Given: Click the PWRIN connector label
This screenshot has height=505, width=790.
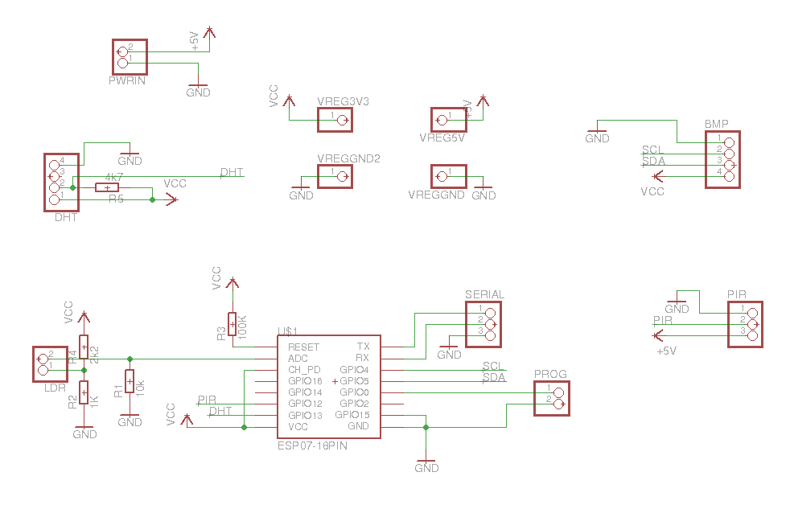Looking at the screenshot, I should (x=127, y=80).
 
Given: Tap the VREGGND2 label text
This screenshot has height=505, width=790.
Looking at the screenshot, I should (x=348, y=158).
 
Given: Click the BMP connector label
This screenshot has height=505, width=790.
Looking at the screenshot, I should (x=716, y=125).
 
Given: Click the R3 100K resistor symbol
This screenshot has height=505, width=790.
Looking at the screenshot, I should (x=232, y=323).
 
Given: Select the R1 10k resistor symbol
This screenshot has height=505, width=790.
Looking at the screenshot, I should (x=130, y=381).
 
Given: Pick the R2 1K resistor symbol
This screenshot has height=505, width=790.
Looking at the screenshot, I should (x=84, y=392).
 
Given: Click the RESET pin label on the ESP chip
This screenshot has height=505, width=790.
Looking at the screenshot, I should (x=303, y=347).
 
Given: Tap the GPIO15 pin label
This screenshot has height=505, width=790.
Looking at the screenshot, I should (x=352, y=415).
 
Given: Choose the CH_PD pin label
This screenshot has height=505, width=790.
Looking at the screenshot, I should (x=304, y=369).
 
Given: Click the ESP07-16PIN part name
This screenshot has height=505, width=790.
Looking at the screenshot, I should (x=311, y=445).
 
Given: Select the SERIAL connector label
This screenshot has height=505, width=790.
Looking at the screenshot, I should (x=484, y=294).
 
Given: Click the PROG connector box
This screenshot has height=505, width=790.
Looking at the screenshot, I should (x=551, y=399).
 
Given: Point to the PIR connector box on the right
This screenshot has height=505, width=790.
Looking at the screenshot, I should (x=744, y=325).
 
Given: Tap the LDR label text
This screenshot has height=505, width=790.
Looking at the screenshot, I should (x=55, y=388).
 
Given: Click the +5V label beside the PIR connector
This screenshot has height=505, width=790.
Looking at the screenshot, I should (x=666, y=351).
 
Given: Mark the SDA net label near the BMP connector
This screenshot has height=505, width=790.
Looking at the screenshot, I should (x=653, y=162).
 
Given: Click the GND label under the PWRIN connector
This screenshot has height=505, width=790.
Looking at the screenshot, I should (x=198, y=92).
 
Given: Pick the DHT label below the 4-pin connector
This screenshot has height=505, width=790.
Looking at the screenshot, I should (x=66, y=217).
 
